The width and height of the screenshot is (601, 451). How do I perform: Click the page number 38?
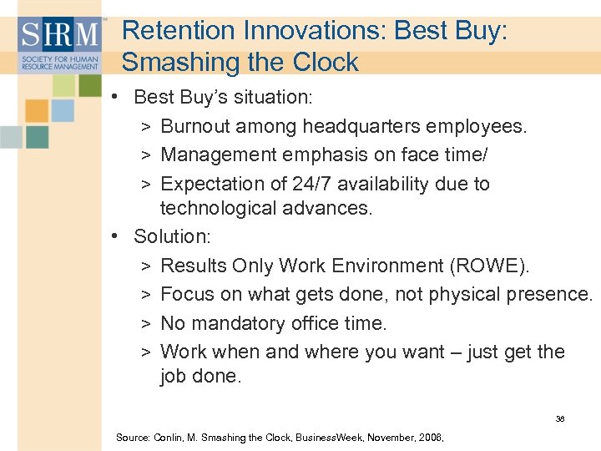click(560, 418)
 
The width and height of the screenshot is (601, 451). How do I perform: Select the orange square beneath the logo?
click(37, 110)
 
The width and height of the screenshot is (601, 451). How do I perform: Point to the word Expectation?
click(212, 184)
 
